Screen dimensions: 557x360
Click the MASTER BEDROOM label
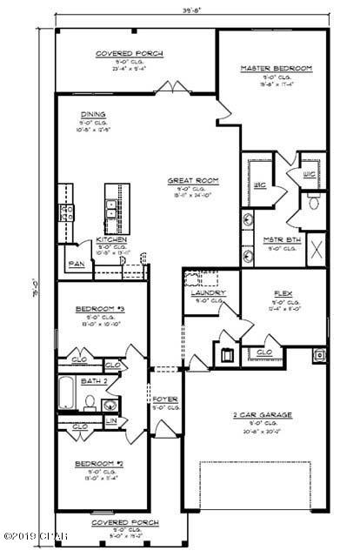pyautogui.click(x=275, y=67)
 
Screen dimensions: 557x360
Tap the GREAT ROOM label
pyautogui.click(x=193, y=181)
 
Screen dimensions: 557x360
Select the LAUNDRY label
pyautogui.click(x=208, y=293)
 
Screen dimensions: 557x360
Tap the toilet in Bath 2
pyautogui.click(x=90, y=401)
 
